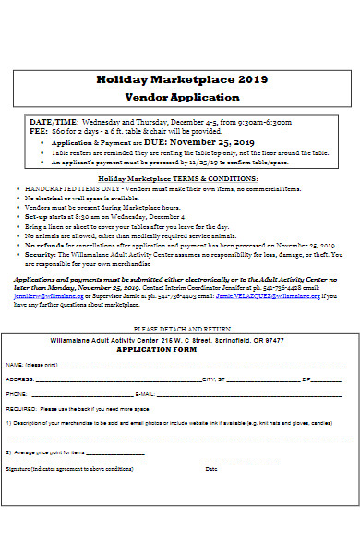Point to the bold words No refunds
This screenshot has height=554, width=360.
43,245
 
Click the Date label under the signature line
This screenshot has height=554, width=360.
210,469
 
